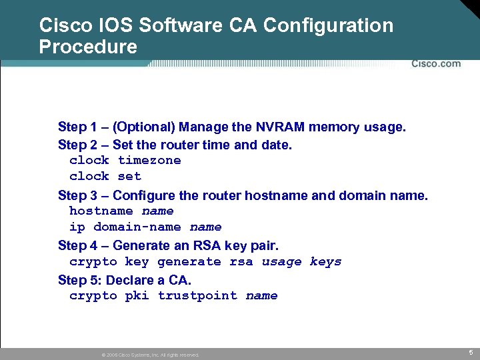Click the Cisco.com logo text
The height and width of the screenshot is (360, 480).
(436, 63)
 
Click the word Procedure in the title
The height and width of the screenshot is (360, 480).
(88, 47)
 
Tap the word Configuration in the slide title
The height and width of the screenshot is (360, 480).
(329, 26)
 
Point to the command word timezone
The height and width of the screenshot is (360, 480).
(149, 160)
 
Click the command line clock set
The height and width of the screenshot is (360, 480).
(105, 176)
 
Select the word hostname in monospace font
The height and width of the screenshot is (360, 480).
(101, 211)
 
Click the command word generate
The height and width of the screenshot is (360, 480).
(189, 262)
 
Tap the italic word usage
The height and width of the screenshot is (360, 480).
(281, 262)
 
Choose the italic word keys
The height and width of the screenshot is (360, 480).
(325, 262)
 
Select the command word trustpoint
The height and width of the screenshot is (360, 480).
(197, 295)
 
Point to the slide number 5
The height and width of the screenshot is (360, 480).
(470, 352)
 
